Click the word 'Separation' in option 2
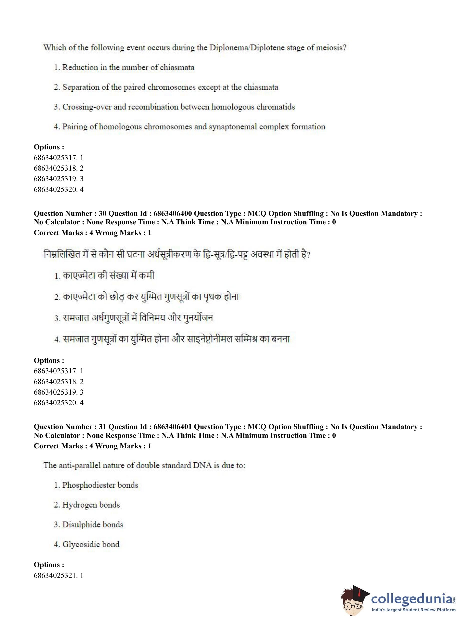click(x=80, y=87)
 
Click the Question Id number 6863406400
click(x=172, y=214)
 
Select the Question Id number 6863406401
click(x=172, y=427)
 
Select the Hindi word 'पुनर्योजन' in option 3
click(x=198, y=318)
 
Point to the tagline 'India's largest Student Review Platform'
click(x=413, y=610)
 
